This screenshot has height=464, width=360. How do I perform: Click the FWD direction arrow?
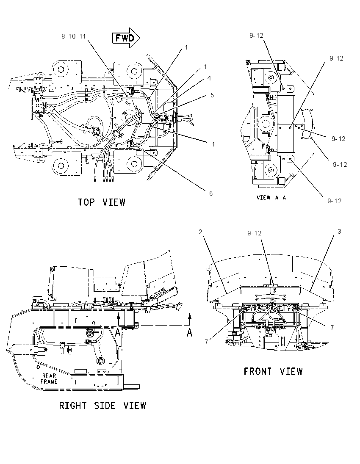[x=126, y=38]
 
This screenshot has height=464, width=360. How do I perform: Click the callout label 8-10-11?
[x=73, y=36]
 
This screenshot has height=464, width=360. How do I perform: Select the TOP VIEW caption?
[x=102, y=202]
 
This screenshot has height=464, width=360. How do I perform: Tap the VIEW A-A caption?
[x=271, y=197]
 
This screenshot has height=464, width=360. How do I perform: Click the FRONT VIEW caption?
[x=273, y=371]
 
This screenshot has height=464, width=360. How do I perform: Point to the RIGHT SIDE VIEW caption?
[x=102, y=406]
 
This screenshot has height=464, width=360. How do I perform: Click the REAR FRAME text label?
[x=49, y=378]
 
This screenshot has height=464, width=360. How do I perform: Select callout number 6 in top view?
[x=211, y=193]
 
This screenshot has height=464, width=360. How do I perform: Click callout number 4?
[x=209, y=78]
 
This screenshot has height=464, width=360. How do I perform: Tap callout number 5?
[x=212, y=95]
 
